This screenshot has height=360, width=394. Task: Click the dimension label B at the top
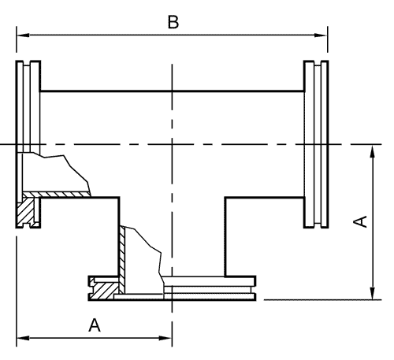[173, 22]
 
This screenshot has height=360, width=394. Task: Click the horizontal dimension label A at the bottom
[95, 325]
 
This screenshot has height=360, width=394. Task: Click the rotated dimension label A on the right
[360, 221]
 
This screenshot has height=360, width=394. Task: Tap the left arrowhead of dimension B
[23, 35]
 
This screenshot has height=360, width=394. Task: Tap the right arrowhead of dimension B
[321, 35]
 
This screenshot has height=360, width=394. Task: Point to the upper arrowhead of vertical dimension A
[372, 151]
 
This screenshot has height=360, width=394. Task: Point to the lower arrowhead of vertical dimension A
[372, 293]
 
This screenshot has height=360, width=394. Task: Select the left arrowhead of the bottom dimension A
[23, 338]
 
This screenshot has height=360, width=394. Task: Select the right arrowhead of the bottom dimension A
[165, 338]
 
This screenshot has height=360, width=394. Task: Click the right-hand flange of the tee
[316, 144]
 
